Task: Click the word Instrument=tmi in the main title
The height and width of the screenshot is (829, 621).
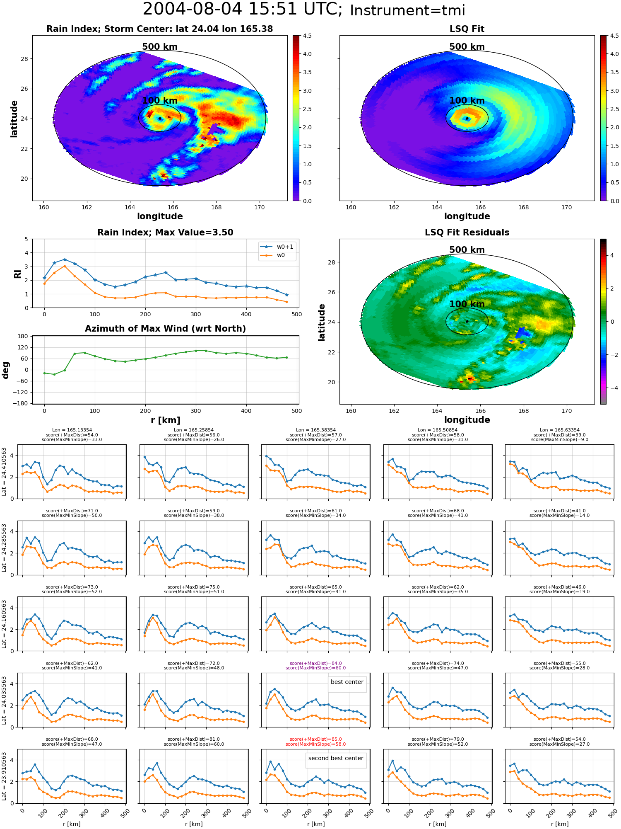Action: pos(407,10)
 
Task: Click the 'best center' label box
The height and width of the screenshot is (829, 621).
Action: pos(347,682)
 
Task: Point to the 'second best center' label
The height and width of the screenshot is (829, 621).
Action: pos(336,758)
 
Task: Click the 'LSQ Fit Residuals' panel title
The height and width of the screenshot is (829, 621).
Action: pos(467,233)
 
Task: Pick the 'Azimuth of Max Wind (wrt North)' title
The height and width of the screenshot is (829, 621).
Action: pos(165,329)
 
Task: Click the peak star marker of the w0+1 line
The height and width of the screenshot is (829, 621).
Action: pos(65,259)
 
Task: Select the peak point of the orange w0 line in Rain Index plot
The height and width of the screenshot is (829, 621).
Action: pos(65,266)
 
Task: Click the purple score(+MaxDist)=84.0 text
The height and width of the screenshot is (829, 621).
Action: pos(315,663)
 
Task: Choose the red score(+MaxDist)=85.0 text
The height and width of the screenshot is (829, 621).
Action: pos(315,739)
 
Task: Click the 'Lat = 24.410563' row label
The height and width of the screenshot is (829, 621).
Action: pos(4,472)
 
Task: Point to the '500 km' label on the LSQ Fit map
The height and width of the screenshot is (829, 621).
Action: pos(467,47)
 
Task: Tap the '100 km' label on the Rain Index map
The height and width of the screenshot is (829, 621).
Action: pos(160,101)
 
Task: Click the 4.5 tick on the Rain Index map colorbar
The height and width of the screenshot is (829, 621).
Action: pos(307,36)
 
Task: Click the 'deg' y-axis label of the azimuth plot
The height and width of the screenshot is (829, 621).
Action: pos(6,370)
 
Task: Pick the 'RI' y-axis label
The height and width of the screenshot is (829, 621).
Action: pos(17,274)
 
